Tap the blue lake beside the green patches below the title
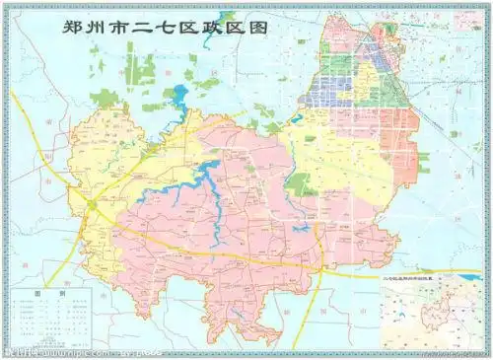pos(180,97)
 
